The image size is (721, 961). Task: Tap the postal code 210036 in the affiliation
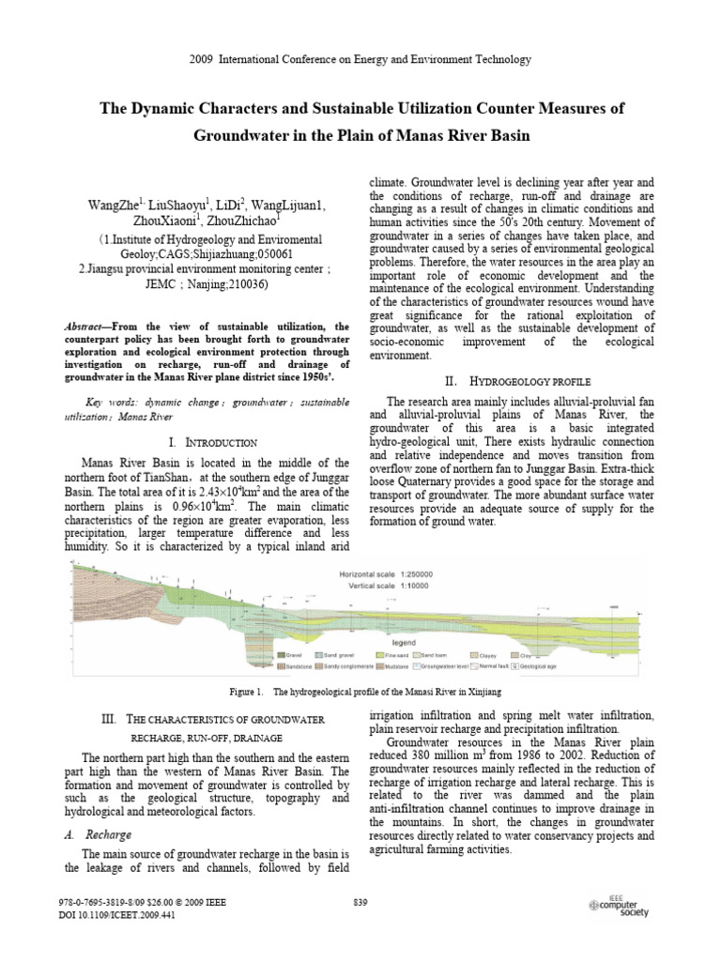coord(241,282)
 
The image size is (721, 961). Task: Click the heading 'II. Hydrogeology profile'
coord(518,381)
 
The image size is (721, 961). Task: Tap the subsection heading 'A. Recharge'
coord(106,834)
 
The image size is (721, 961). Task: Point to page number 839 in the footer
coord(360,903)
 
